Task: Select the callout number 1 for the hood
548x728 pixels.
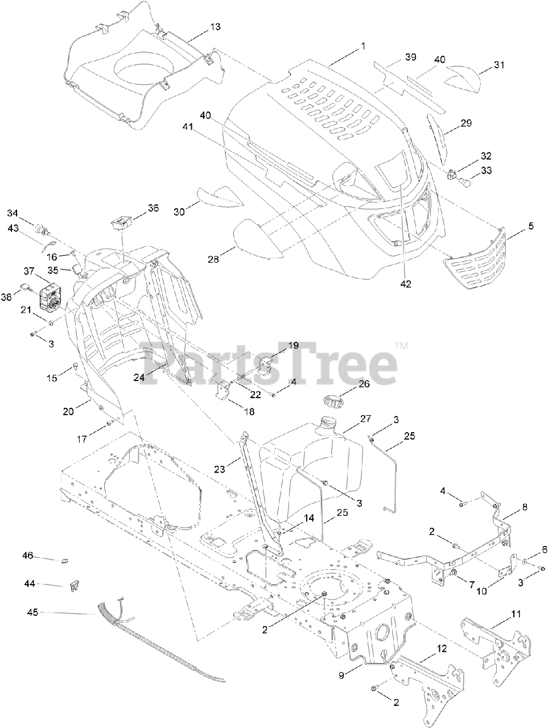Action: (363, 46)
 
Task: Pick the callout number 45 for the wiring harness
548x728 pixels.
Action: (33, 613)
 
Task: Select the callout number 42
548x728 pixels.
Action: (405, 283)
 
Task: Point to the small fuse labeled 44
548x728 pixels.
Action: (73, 585)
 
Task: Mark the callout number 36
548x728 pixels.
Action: (153, 208)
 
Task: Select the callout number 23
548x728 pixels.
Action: (220, 469)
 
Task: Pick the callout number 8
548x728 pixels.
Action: (524, 506)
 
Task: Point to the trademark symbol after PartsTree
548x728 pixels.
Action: (402, 345)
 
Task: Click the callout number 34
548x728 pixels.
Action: (13, 213)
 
